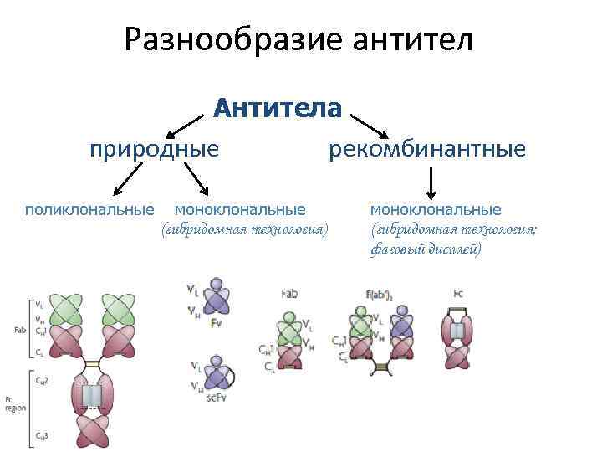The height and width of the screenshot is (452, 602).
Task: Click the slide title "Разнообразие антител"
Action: pyautogui.click(x=299, y=40)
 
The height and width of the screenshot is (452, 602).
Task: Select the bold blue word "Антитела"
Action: pyautogui.click(x=278, y=109)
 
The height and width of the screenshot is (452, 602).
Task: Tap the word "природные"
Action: pyautogui.click(x=155, y=149)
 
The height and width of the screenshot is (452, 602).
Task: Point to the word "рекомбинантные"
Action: pyautogui.click(x=427, y=149)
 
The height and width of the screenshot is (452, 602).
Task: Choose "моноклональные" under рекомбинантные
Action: pyautogui.click(x=436, y=208)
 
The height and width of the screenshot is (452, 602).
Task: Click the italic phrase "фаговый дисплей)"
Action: pyautogui.click(x=425, y=249)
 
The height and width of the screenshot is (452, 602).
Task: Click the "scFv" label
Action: pyautogui.click(x=215, y=398)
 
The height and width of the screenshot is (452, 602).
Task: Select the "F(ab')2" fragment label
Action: pyautogui.click(x=379, y=295)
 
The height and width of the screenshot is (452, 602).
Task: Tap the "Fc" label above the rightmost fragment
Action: pyautogui.click(x=458, y=295)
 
